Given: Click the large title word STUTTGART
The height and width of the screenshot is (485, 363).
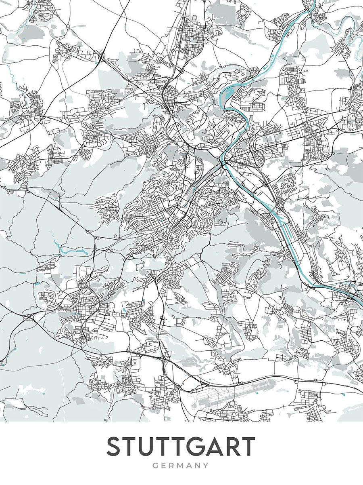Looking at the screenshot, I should (x=181, y=446).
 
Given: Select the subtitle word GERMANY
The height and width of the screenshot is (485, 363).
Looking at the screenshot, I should (x=181, y=466).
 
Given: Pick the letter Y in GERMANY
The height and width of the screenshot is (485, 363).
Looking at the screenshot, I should (x=206, y=466).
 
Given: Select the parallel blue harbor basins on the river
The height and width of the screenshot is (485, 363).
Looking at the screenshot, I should (x=282, y=224).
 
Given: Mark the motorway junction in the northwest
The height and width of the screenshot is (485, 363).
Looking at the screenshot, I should (x=101, y=57).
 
